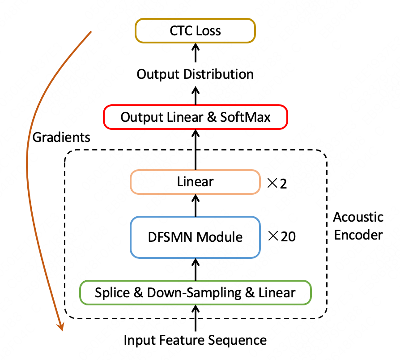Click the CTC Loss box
[195, 31]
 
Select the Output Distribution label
[195, 74]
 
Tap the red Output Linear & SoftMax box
[195, 118]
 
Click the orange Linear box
[195, 182]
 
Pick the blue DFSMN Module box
[195, 237]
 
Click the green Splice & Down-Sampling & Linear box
[195, 293]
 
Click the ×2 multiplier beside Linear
[277, 183]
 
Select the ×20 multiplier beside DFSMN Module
[281, 237]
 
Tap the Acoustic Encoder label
[358, 226]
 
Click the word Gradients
[61, 137]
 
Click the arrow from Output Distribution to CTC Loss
[195, 53]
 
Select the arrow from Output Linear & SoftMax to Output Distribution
[195, 95]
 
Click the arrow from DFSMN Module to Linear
[195, 205]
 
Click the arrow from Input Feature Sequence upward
[195, 318]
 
